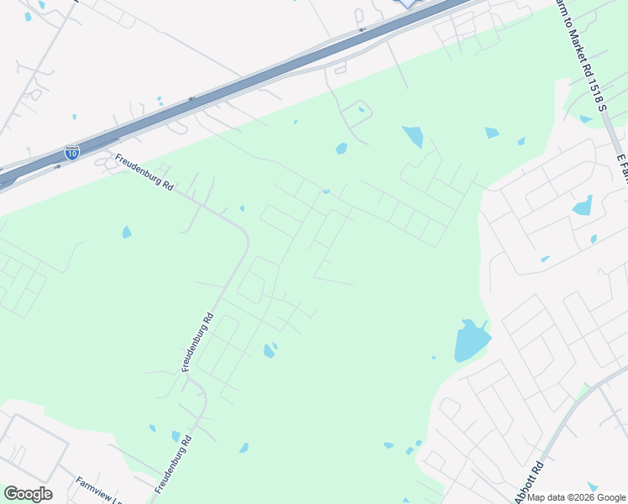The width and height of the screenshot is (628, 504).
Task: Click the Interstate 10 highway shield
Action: click(72, 153)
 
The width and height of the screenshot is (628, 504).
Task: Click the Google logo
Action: click(28, 494)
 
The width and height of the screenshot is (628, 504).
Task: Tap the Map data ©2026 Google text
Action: click(576, 497)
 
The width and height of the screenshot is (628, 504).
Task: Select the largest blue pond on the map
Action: click(471, 341)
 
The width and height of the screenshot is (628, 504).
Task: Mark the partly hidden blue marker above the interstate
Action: click(407, 3)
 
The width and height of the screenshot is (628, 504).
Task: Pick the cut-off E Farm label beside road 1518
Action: click(622, 168)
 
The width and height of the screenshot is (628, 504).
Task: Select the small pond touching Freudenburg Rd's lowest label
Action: click(175, 436)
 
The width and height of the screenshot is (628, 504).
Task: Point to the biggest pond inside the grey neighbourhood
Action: click(582, 206)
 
